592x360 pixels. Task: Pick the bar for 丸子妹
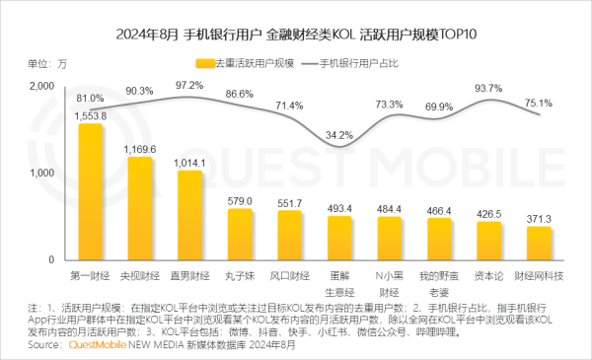pos(239,234)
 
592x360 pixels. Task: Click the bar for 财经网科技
pos(538,243)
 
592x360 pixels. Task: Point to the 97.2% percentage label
pos(188,86)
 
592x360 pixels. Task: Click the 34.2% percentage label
pos(338,134)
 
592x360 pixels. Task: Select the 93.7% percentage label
pos(488,89)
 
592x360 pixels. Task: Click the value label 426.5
pos(488,213)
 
